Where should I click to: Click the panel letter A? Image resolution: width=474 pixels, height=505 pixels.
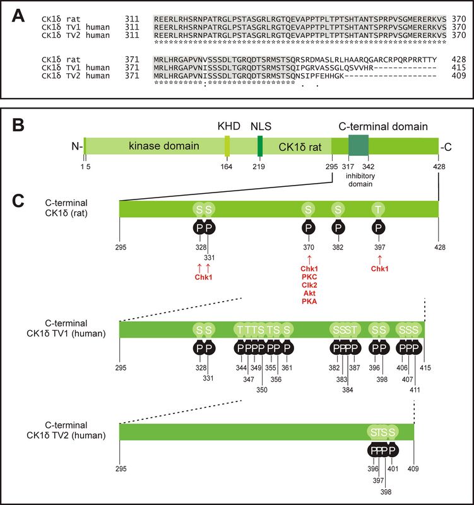coord(18,16)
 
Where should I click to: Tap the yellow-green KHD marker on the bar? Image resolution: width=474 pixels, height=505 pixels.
coord(227,146)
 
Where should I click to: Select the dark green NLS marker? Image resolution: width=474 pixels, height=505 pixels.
coord(260,146)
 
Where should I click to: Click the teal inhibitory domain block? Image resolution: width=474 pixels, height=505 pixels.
coord(358,145)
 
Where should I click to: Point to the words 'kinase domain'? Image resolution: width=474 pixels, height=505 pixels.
coord(164,146)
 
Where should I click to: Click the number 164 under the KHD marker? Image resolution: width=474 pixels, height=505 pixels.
coord(227,167)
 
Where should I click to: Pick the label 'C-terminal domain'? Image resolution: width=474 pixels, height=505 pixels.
coord(383,126)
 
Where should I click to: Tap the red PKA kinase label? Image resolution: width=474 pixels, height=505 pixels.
coord(309,302)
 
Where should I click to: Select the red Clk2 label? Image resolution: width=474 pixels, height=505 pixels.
coord(309,285)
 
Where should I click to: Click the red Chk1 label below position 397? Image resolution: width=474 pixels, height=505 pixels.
coord(380,269)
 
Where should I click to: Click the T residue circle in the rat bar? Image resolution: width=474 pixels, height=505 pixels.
coord(378,210)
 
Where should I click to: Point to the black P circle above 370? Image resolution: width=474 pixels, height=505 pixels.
coord(309,228)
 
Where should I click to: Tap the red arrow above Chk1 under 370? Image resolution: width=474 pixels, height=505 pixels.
coord(309,259)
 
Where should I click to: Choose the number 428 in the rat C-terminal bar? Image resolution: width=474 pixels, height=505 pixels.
coord(440,247)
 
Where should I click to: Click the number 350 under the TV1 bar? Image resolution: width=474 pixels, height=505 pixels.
coord(262,389)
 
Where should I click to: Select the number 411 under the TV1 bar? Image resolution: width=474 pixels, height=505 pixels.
coord(415,389)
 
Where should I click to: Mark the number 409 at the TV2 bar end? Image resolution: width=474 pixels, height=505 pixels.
coord(413,468)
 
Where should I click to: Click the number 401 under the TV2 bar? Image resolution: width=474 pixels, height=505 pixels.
coord(393,468)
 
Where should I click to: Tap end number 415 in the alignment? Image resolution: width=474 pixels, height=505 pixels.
coord(459,68)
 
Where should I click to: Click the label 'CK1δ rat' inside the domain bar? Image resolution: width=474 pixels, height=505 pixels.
coord(300,147)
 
